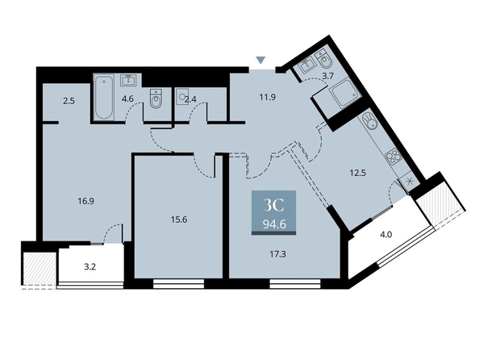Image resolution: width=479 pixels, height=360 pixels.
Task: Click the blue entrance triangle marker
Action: pos(260,61)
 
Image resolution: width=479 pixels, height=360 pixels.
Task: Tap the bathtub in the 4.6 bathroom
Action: pos(103,97)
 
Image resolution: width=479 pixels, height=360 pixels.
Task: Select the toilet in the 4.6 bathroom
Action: pos(156,98)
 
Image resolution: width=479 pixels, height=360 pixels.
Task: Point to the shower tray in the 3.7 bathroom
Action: pos(344,93)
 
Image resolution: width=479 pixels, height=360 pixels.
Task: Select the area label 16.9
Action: pos(85,201)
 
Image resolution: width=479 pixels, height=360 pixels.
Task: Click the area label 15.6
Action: pos(179,220)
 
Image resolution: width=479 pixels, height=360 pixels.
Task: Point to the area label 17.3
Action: pos(277,254)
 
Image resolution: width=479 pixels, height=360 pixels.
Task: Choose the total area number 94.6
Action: pos(274,224)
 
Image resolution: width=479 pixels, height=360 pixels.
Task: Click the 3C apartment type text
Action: pos(274,206)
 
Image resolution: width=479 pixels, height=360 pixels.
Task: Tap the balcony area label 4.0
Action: pos(385,235)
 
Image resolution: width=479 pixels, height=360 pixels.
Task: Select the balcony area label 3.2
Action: pos(90,266)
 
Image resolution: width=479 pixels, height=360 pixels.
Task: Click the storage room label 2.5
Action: pos(69,101)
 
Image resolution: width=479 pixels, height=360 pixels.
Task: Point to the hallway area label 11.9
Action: pos(268,97)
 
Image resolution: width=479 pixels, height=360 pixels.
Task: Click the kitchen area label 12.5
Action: pos(358,173)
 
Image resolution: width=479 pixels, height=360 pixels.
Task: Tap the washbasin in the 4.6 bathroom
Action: pos(131,81)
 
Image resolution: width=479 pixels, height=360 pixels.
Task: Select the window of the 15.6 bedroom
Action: pos(178,283)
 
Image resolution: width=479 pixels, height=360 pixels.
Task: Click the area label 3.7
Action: pos(327,76)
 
